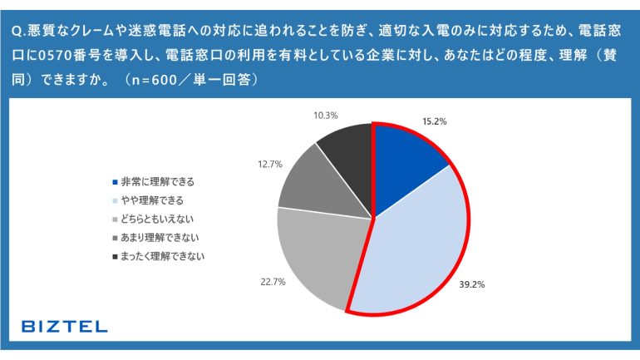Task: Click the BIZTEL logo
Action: coord(64,326)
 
